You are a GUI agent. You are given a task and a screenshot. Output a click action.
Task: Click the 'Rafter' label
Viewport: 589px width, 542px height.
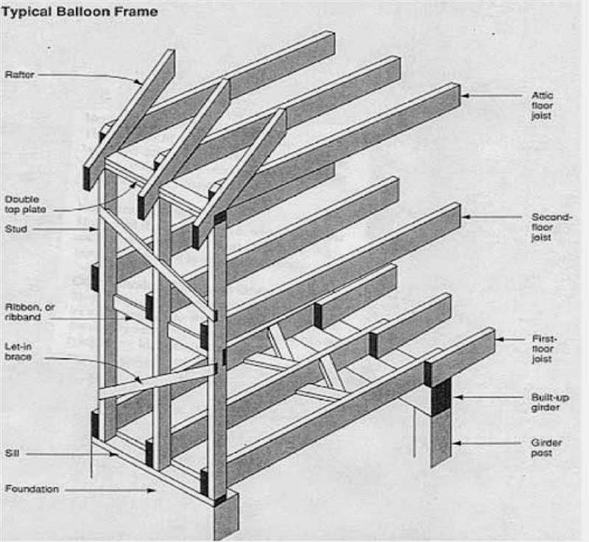click(x=20, y=74)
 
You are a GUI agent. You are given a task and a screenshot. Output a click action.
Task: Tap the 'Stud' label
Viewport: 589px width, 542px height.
click(x=17, y=230)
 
